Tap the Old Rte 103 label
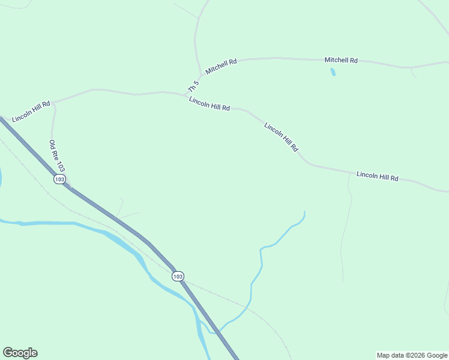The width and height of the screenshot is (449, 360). tap(56, 157)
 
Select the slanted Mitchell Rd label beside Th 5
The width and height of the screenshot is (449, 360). tap(221, 66)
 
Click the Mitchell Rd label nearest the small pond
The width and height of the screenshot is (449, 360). tap(341, 60)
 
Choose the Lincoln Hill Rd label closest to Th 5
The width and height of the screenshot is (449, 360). tap(209, 104)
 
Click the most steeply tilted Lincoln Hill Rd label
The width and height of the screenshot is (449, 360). tap(281, 137)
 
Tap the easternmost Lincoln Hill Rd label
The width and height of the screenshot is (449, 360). tap(377, 176)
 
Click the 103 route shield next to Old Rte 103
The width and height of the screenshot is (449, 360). tap(59, 179)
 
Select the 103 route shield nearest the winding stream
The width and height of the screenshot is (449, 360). tap(177, 276)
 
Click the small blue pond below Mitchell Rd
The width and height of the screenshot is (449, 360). tap(333, 72)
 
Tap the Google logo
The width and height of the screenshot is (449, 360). tap(20, 353)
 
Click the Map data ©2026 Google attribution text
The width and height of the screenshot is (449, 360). tap(412, 355)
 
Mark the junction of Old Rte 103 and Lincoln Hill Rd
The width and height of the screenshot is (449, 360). tap(53, 103)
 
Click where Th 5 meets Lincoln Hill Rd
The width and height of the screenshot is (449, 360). tap(186, 94)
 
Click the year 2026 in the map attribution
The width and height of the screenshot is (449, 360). tap(415, 355)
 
